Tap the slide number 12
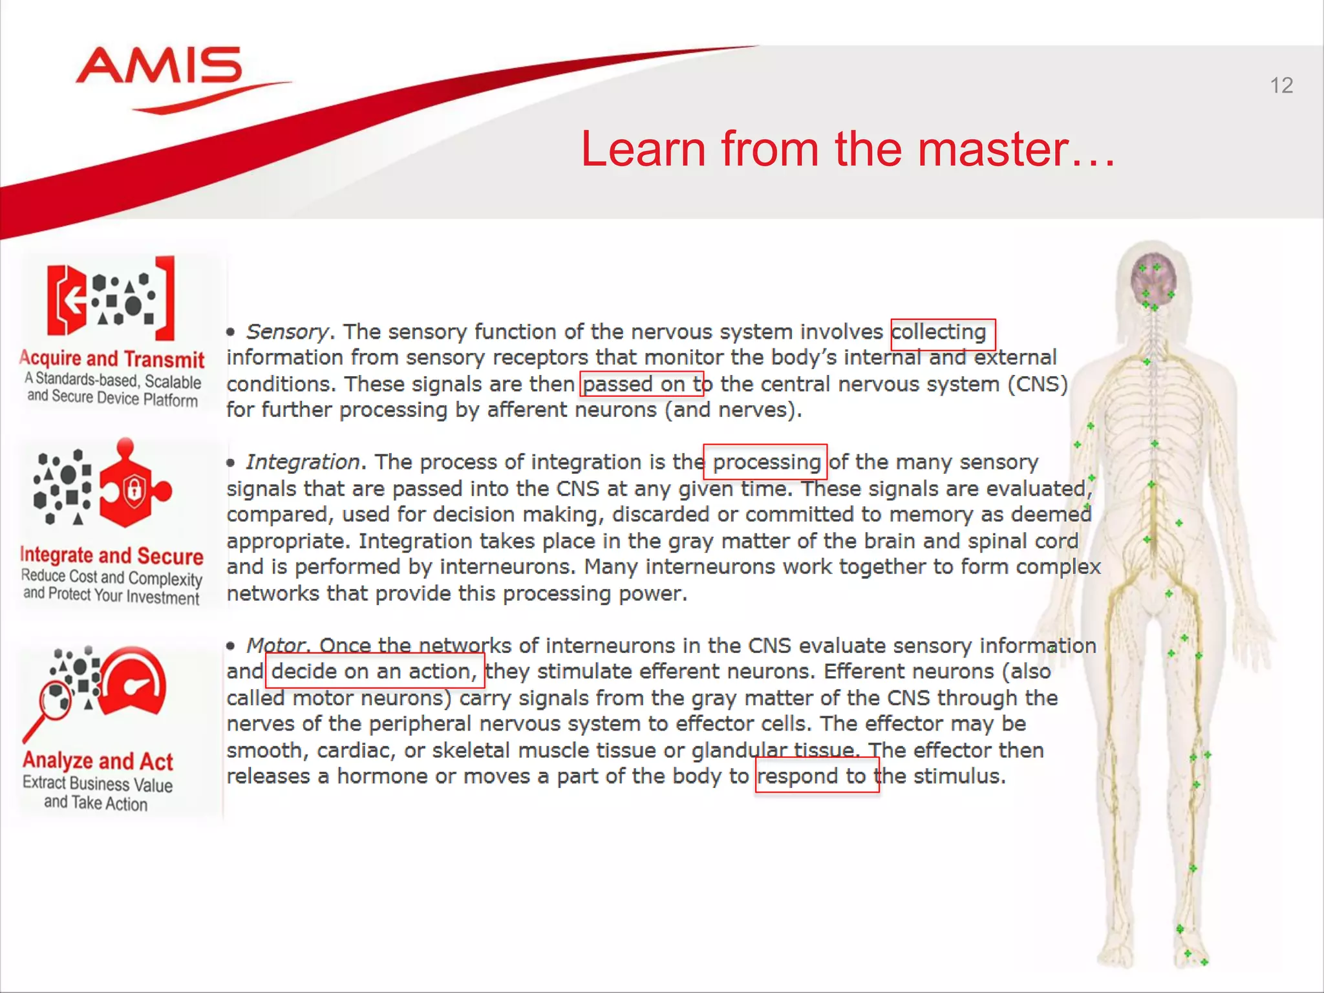coord(1281,85)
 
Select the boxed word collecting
coord(942,333)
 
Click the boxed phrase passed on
coord(640,384)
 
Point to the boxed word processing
coord(765,462)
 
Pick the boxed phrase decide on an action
coord(374,672)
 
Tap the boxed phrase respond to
coord(817,776)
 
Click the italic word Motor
coord(275,646)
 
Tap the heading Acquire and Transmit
coord(112,359)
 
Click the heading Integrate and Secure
coord(112,555)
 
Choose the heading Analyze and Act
coord(98,762)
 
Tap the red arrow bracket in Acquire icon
coord(67,300)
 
